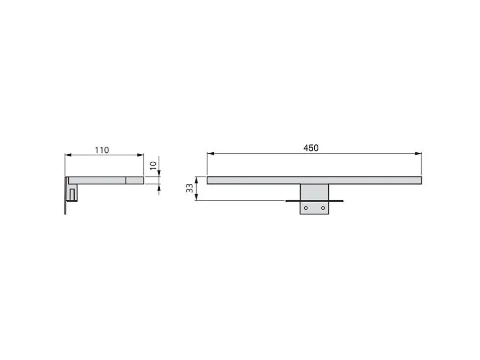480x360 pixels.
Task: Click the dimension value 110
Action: [x=101, y=150]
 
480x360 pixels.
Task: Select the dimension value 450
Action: [x=311, y=148]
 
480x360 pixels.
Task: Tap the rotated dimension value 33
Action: [x=190, y=188]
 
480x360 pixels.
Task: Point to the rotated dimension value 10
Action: [x=153, y=166]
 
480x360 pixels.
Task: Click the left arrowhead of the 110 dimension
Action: [x=68, y=155]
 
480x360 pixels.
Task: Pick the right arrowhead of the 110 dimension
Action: [x=141, y=155]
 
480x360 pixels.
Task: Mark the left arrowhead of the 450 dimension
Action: [x=210, y=153]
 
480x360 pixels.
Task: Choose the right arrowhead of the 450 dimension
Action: [x=418, y=153]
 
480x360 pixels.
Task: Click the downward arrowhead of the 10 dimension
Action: [x=159, y=174]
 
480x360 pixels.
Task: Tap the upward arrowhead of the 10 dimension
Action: [x=159, y=187]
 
